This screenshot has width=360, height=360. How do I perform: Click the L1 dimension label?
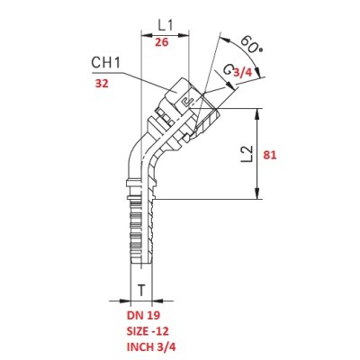coord(166,26)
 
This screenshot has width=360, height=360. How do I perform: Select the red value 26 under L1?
coord(162,42)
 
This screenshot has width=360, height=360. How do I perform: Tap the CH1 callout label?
coord(106,63)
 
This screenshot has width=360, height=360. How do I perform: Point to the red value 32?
coord(102,84)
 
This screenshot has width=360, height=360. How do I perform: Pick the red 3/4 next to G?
coord(242,72)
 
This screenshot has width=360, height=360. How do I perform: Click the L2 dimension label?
coord(247,155)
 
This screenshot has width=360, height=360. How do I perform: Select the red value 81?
coord(270,155)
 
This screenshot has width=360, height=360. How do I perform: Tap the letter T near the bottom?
coord(141,290)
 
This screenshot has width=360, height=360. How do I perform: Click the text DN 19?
coord(143,315)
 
